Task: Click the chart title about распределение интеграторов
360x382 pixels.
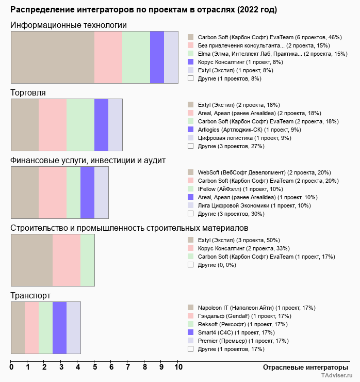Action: coord(143,10)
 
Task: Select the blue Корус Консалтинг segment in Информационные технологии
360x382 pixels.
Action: coord(157,57)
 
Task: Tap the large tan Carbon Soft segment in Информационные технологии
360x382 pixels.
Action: coord(53,57)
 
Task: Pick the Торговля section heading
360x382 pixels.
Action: coord(28,92)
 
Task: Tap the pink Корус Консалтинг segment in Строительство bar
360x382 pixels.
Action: coord(66,260)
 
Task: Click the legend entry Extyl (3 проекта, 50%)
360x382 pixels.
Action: coord(239,240)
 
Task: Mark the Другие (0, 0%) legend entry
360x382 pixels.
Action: coord(217,265)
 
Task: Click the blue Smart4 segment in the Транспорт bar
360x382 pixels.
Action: coord(59,328)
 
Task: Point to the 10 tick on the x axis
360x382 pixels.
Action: coord(178,367)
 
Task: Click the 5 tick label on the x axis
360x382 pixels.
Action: coord(95,367)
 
